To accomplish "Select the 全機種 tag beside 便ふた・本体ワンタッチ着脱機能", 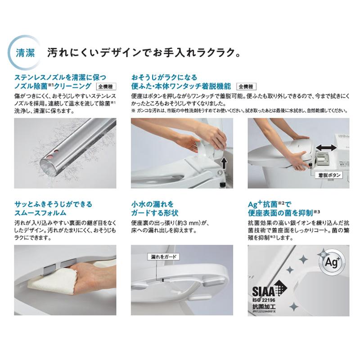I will click(246, 86).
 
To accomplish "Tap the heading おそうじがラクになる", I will click(164, 77).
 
